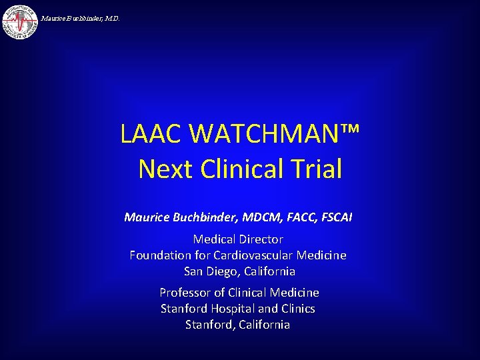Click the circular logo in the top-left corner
20,21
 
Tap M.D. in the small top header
111,19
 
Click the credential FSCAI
339,217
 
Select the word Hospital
233,308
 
